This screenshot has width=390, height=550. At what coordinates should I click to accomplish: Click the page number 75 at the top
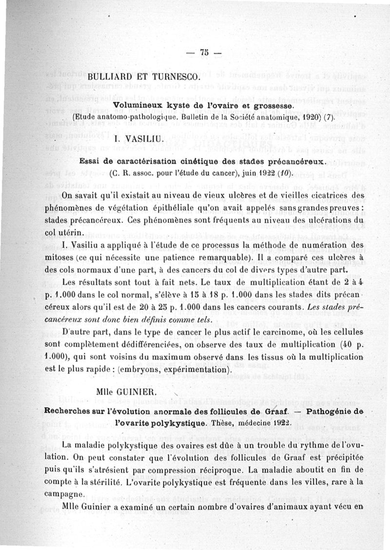[x=203, y=53]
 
